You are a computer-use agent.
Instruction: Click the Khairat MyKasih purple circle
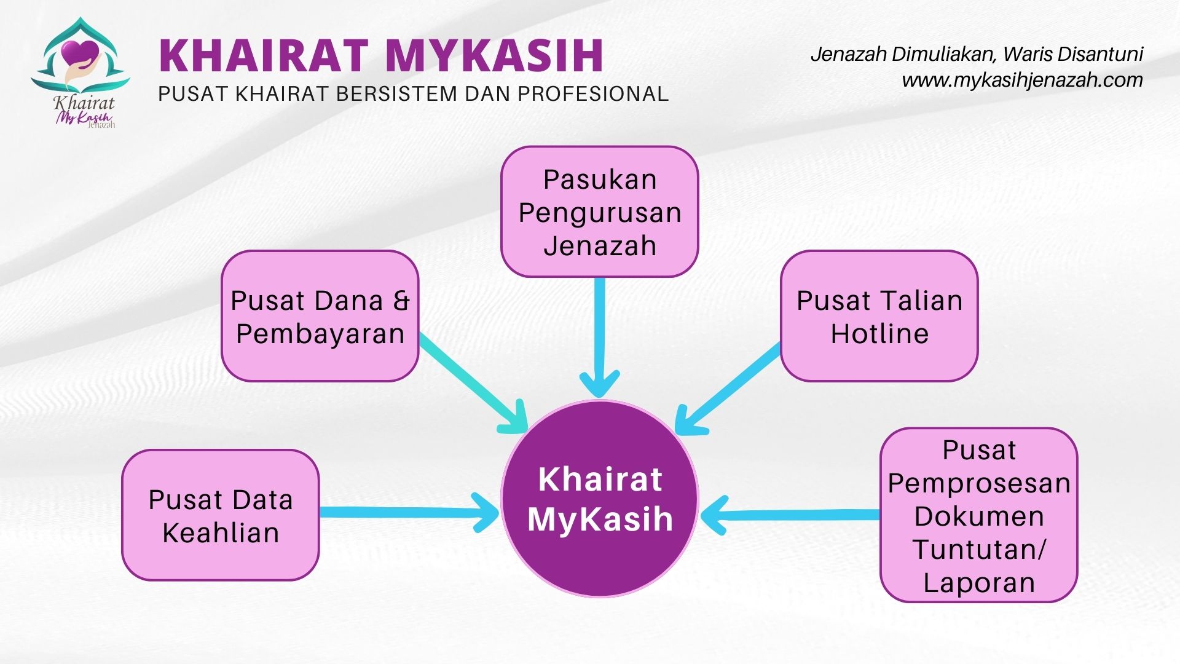600,498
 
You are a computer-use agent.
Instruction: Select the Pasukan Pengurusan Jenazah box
600,211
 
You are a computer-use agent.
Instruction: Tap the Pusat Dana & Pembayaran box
320,316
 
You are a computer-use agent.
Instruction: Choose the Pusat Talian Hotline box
879,316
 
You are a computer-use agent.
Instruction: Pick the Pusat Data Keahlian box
221,515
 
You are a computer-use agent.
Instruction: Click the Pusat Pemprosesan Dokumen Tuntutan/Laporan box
979,515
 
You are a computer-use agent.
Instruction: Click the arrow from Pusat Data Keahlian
409,512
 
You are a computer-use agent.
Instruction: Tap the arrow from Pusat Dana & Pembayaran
474,383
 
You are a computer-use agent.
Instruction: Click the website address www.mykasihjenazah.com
1022,81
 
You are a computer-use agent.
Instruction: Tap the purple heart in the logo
81,52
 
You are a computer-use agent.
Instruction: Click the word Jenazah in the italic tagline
849,55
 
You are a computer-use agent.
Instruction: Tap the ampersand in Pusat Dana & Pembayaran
401,301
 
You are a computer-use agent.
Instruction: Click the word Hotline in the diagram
879,334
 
